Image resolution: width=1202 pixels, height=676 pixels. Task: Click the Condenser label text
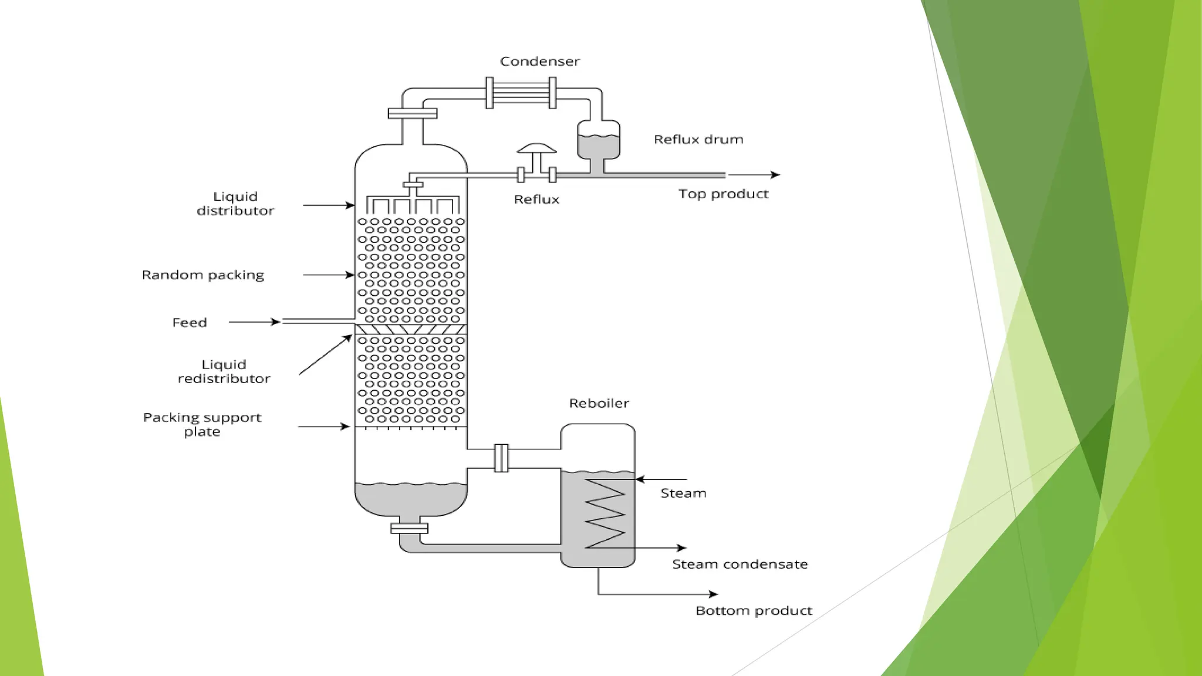tap(539, 62)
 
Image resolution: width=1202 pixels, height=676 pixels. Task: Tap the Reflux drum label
tap(698, 140)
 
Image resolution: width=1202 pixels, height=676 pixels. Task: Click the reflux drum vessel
tap(598, 141)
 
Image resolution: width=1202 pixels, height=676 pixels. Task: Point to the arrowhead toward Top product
tap(775, 175)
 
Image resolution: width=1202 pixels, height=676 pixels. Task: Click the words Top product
tap(723, 194)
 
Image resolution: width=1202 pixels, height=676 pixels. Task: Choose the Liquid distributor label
tap(235, 204)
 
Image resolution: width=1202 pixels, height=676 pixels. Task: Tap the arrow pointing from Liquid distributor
tap(329, 205)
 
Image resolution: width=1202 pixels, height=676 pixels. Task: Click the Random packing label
tap(203, 275)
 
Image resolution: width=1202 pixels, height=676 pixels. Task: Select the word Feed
tap(190, 323)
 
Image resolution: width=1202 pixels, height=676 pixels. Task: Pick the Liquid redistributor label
tap(224, 371)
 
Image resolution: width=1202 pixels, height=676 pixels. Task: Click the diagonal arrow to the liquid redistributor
tap(325, 354)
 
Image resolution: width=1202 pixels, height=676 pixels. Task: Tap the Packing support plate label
tap(202, 424)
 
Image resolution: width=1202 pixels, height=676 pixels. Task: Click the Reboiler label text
tap(599, 404)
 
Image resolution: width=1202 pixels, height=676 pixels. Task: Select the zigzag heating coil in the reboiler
tap(605, 513)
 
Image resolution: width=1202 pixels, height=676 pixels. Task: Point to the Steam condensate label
tap(740, 565)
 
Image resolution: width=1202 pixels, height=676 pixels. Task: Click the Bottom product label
tap(754, 611)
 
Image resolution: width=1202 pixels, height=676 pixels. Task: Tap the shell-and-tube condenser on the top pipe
tap(521, 93)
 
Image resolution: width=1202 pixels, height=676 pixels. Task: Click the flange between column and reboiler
tap(501, 458)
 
